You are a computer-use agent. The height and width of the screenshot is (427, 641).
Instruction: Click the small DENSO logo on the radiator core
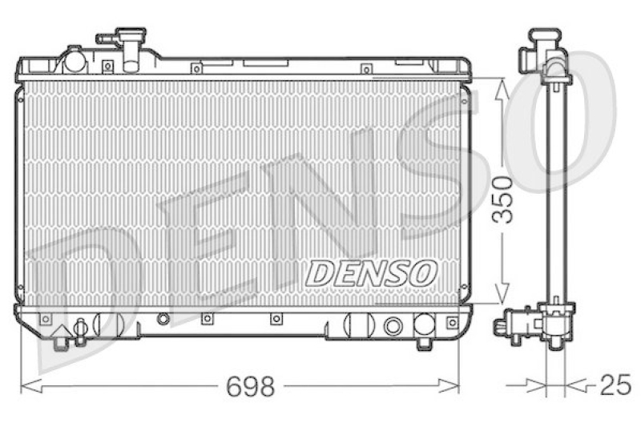tap(370, 272)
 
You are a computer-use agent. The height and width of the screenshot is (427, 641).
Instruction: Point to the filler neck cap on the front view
tap(131, 38)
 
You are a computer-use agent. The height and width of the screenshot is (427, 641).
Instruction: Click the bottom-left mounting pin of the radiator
tap(61, 342)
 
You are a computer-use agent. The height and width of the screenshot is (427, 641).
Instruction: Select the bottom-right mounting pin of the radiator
tap(425, 343)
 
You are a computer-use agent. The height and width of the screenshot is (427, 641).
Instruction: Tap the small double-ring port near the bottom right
tap(393, 326)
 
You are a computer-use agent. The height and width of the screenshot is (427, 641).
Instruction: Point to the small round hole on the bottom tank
tap(163, 319)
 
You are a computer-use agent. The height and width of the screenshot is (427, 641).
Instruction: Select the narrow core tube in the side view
tap(555, 192)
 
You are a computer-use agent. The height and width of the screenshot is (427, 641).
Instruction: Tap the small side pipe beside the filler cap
tap(103, 38)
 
